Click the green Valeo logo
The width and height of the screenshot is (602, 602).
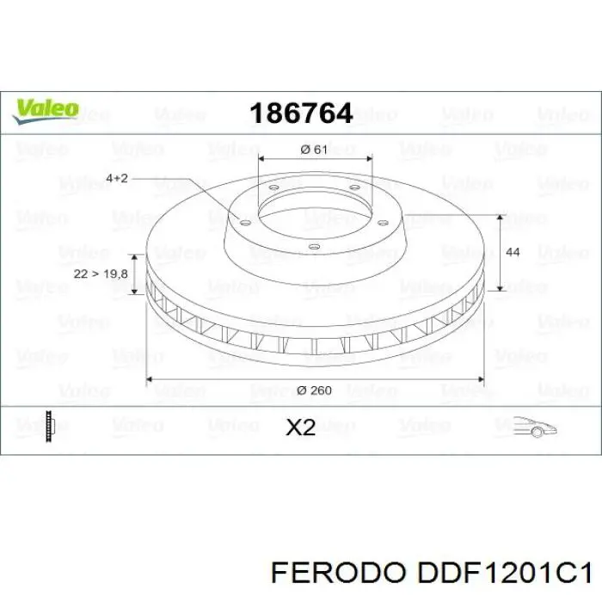point(46,109)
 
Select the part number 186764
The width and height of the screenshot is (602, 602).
point(300,113)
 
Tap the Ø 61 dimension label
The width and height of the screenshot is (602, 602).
point(315,150)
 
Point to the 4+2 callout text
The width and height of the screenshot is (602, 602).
point(118,178)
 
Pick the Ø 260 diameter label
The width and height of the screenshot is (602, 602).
point(314,390)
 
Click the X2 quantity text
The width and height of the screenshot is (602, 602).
point(300,427)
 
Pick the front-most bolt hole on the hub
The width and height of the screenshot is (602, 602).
point(313,249)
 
